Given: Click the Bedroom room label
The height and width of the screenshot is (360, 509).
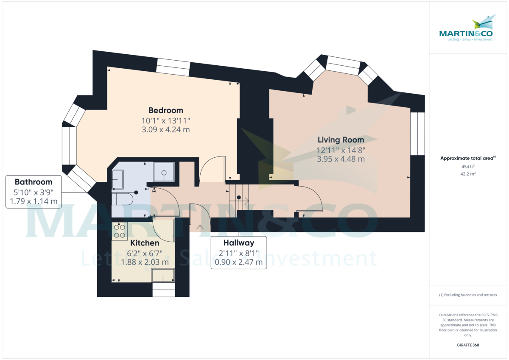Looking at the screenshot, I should [x=165, y=111].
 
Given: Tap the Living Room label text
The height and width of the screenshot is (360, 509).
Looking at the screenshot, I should [x=341, y=140].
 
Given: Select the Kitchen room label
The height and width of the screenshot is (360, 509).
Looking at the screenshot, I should [x=145, y=243].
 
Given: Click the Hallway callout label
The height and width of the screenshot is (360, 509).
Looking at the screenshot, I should [x=239, y=243].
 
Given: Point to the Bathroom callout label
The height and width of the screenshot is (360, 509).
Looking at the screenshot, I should [x=34, y=182].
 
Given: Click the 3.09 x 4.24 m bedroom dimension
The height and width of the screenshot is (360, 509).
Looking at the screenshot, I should [x=165, y=130].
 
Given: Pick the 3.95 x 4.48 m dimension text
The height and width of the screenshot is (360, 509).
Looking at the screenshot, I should [x=341, y=159].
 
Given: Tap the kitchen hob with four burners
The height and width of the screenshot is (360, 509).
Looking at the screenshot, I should [x=120, y=231].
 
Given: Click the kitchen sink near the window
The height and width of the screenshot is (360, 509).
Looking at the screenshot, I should [x=163, y=276].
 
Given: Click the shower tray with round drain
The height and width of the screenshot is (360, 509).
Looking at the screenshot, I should [x=163, y=172].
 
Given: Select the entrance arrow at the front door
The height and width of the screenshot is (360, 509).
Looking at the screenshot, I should [x=200, y=227].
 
